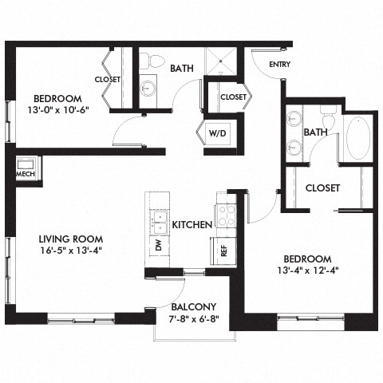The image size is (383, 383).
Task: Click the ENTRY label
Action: (279, 65)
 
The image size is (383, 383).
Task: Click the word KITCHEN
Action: (191, 225)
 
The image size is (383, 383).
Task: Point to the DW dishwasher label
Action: (158, 247)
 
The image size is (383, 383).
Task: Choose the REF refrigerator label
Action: (223, 250)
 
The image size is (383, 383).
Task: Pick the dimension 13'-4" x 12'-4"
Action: (307, 271)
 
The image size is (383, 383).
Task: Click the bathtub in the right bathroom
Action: (358, 139)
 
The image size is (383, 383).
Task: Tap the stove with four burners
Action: (227, 214)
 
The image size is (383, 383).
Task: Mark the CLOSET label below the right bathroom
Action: (323, 188)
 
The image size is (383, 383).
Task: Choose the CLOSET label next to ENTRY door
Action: (233, 97)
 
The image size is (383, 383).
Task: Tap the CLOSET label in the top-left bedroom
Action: (107, 80)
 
